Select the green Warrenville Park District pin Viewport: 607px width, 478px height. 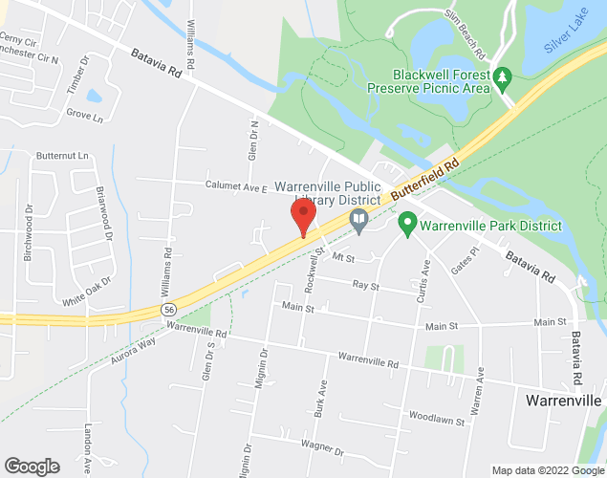coord(406,227)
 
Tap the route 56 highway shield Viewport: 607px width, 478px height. coord(168,310)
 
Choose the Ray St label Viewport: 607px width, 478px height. coord(366,285)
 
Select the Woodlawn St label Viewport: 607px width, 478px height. coord(436,419)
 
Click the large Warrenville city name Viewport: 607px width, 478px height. coord(564,400)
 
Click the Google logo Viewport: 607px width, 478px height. coord(31,467)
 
